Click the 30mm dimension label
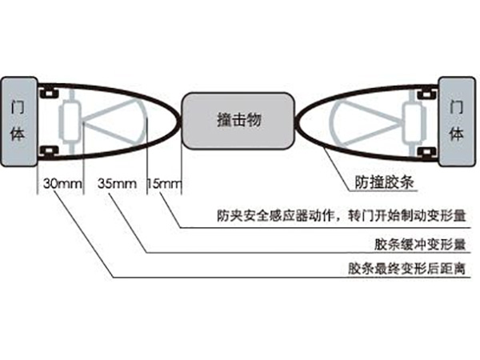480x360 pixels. click(62, 184)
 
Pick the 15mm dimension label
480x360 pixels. click(166, 184)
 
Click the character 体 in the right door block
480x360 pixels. click(457, 133)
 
